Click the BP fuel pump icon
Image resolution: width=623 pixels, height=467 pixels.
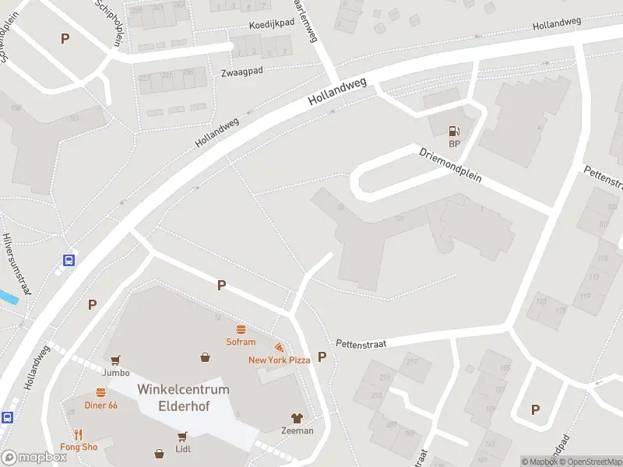tap(454, 132)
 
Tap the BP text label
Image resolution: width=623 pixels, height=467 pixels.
tap(454, 144)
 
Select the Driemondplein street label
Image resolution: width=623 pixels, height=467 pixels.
tap(450, 165)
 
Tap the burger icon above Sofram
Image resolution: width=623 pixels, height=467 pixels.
tap(241, 329)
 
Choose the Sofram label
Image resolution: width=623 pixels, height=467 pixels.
tap(241, 342)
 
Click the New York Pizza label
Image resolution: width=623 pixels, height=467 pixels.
tap(279, 360)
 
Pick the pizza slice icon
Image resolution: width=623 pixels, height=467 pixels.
tap(279, 347)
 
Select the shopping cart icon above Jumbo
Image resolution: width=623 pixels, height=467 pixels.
tap(115, 360)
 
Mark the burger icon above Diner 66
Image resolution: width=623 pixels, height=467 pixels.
tap(100, 392)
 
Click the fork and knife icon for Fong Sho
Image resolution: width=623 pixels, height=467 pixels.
tap(79, 434)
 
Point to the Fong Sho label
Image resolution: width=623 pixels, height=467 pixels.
tap(79, 448)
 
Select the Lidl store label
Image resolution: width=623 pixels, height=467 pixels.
tap(184, 448)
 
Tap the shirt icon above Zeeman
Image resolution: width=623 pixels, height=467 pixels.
tap(297, 418)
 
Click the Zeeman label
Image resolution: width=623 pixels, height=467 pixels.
tap(297, 430)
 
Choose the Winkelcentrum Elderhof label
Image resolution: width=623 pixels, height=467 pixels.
tap(183, 397)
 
